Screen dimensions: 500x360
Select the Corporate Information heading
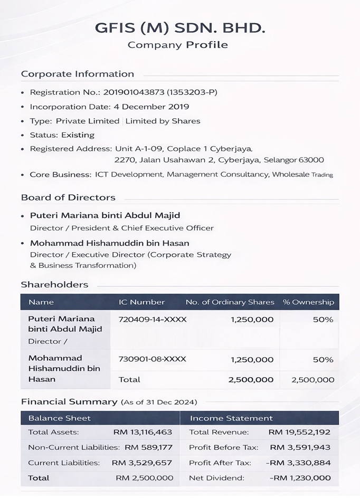point(78,74)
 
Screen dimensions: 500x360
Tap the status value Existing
point(78,135)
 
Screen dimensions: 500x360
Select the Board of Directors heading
point(68,198)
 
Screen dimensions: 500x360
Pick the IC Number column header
point(141,302)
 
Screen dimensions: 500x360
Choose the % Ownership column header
point(308,302)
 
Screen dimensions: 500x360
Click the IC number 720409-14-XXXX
point(149,320)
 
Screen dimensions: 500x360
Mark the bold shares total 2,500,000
point(251,380)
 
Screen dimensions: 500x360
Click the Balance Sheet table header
point(60,418)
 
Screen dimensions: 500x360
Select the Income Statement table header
point(231,418)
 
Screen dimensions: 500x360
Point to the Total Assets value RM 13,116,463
point(143,432)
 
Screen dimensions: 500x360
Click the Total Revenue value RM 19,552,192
point(299,432)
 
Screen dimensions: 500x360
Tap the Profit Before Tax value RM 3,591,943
point(300,448)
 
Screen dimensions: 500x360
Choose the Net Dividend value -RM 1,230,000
point(299,478)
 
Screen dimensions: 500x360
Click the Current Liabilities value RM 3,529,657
point(142,463)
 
